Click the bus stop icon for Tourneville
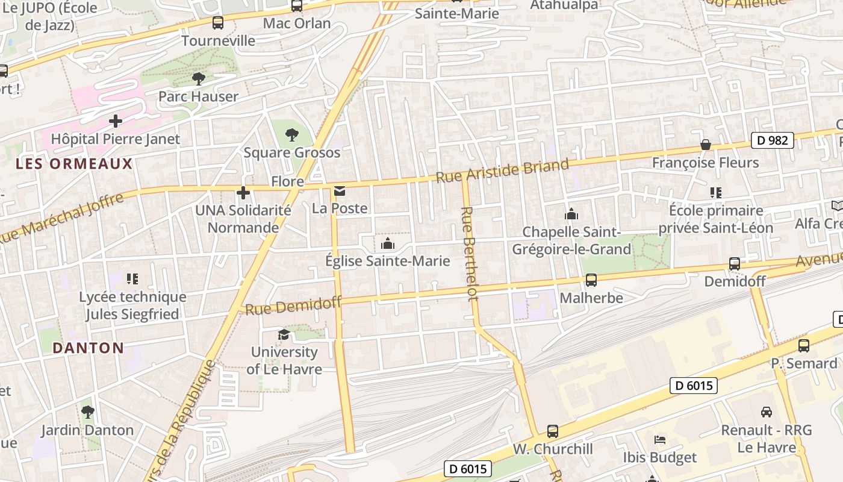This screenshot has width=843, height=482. [218, 23]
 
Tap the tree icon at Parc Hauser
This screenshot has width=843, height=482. [198, 78]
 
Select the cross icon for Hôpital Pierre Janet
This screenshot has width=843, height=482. [116, 121]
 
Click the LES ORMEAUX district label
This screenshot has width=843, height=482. [74, 164]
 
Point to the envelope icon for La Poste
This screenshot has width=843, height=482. [340, 192]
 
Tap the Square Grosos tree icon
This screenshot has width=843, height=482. [292, 135]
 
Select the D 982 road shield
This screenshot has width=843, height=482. [772, 140]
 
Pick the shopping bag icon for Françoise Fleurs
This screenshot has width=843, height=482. [705, 145]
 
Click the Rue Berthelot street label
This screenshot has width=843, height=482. [470, 253]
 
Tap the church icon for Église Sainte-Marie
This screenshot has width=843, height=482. [388, 243]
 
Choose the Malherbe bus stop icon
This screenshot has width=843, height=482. [591, 280]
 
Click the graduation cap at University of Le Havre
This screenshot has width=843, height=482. [283, 334]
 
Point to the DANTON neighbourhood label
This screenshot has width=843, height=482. [88, 348]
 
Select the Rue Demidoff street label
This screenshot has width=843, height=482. [293, 306]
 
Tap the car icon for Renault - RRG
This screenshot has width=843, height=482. [767, 412]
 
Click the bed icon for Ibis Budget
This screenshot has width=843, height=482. [660, 440]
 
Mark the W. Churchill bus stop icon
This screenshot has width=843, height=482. [553, 431]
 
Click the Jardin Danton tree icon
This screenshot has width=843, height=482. [88, 412]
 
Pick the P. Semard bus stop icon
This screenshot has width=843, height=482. [804, 346]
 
